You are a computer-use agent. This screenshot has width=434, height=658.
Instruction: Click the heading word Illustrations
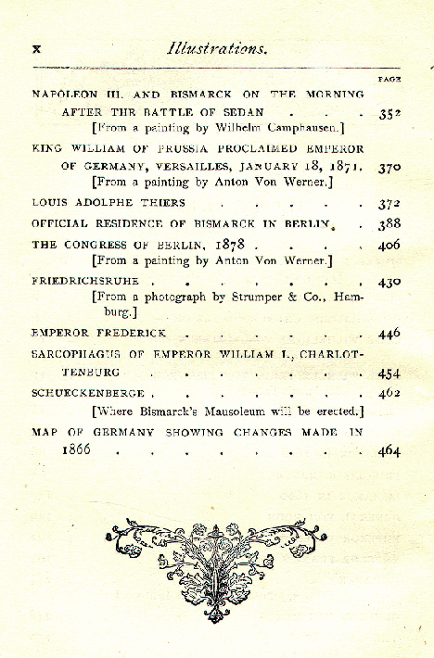pyautogui.click(x=218, y=49)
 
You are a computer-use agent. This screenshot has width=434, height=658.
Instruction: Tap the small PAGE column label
pyautogui.click(x=388, y=80)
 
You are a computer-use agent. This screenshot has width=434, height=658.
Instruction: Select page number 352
pyautogui.click(x=389, y=115)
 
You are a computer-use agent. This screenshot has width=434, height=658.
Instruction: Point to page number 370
pyautogui.click(x=389, y=170)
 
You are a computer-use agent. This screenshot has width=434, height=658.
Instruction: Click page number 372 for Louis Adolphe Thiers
pyautogui.click(x=389, y=203)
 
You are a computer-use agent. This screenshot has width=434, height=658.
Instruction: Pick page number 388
pyautogui.click(x=389, y=224)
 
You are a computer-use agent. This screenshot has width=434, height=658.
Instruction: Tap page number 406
pyautogui.click(x=389, y=246)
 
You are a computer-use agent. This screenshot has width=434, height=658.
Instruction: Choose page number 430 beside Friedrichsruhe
pyautogui.click(x=389, y=282)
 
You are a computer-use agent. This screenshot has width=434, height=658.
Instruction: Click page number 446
pyautogui.click(x=389, y=333)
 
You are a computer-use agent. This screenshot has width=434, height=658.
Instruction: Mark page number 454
pyautogui.click(x=389, y=373)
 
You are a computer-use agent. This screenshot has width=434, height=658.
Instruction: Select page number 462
pyautogui.click(x=389, y=393)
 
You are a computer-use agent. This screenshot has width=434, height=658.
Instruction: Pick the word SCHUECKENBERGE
pyautogui.click(x=88, y=393)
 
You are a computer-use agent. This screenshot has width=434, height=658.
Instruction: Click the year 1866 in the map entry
pyautogui.click(x=83, y=451)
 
